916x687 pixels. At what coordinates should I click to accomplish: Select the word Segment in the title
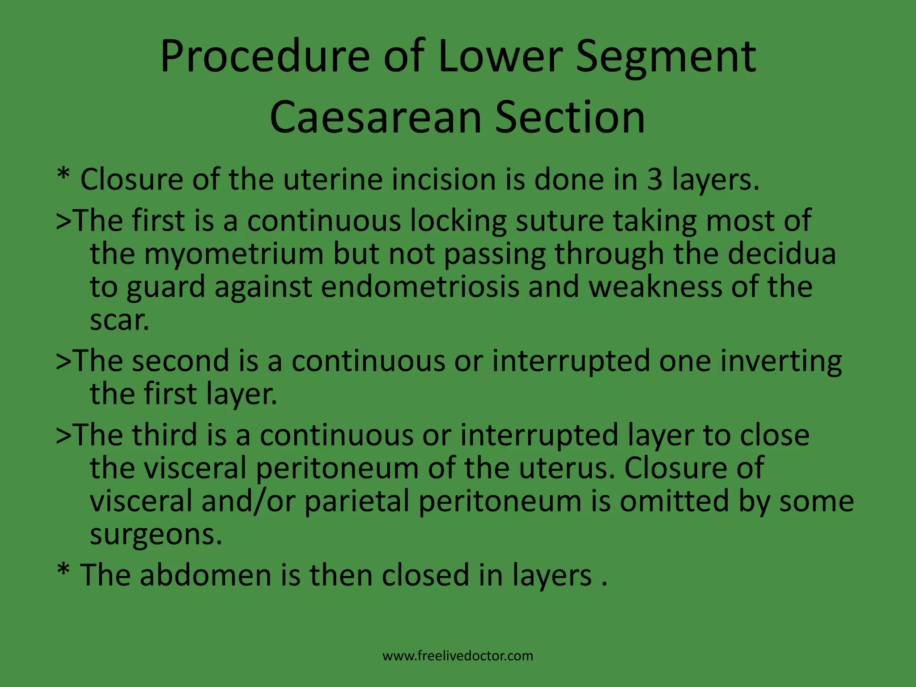(x=666, y=57)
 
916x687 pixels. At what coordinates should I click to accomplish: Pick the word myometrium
(x=233, y=254)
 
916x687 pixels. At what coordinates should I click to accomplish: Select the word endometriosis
(x=420, y=287)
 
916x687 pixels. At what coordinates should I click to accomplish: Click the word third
(x=165, y=435)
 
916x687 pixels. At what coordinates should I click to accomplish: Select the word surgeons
(x=156, y=534)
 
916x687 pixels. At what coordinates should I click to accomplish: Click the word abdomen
(x=205, y=575)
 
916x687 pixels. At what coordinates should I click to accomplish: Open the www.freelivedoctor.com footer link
(x=458, y=656)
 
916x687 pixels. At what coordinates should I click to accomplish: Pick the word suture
(x=560, y=221)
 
